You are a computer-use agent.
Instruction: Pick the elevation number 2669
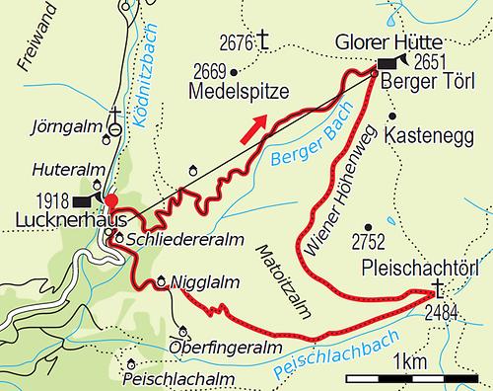(207, 71)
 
